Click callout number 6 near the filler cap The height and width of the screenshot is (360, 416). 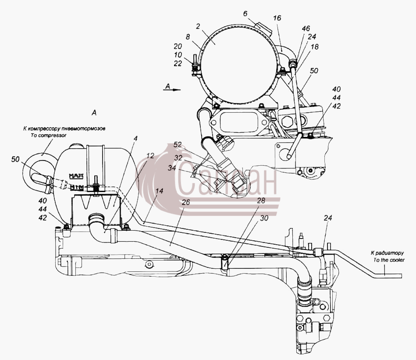pyautogui.click(x=245, y=14)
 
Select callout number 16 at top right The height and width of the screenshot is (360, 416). pyautogui.click(x=277, y=18)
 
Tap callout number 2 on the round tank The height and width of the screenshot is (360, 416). pyautogui.click(x=198, y=26)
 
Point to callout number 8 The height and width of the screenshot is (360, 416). pyautogui.click(x=188, y=37)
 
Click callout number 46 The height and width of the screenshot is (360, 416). pyautogui.click(x=306, y=29)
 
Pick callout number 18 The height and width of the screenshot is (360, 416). pyautogui.click(x=315, y=46)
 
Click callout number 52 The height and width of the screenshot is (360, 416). pyautogui.click(x=178, y=145)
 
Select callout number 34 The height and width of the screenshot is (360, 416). pyautogui.click(x=172, y=168)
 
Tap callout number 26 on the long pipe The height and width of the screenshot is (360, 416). pyautogui.click(x=186, y=202)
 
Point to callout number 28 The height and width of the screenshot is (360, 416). pyautogui.click(x=261, y=200)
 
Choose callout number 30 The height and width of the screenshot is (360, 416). pyautogui.click(x=264, y=218)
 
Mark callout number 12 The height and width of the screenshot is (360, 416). pyautogui.click(x=150, y=156)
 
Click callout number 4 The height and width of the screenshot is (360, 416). pyautogui.click(x=135, y=138)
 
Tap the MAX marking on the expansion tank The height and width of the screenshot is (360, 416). pyautogui.click(x=76, y=176)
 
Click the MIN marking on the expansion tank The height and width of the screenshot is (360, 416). pyautogui.click(x=77, y=188)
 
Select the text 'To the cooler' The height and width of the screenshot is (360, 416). pyautogui.click(x=389, y=260)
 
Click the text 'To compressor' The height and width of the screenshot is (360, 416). pyautogui.click(x=49, y=135)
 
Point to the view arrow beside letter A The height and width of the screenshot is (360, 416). pyautogui.click(x=172, y=89)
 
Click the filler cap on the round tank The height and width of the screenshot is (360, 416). pyautogui.click(x=263, y=29)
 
